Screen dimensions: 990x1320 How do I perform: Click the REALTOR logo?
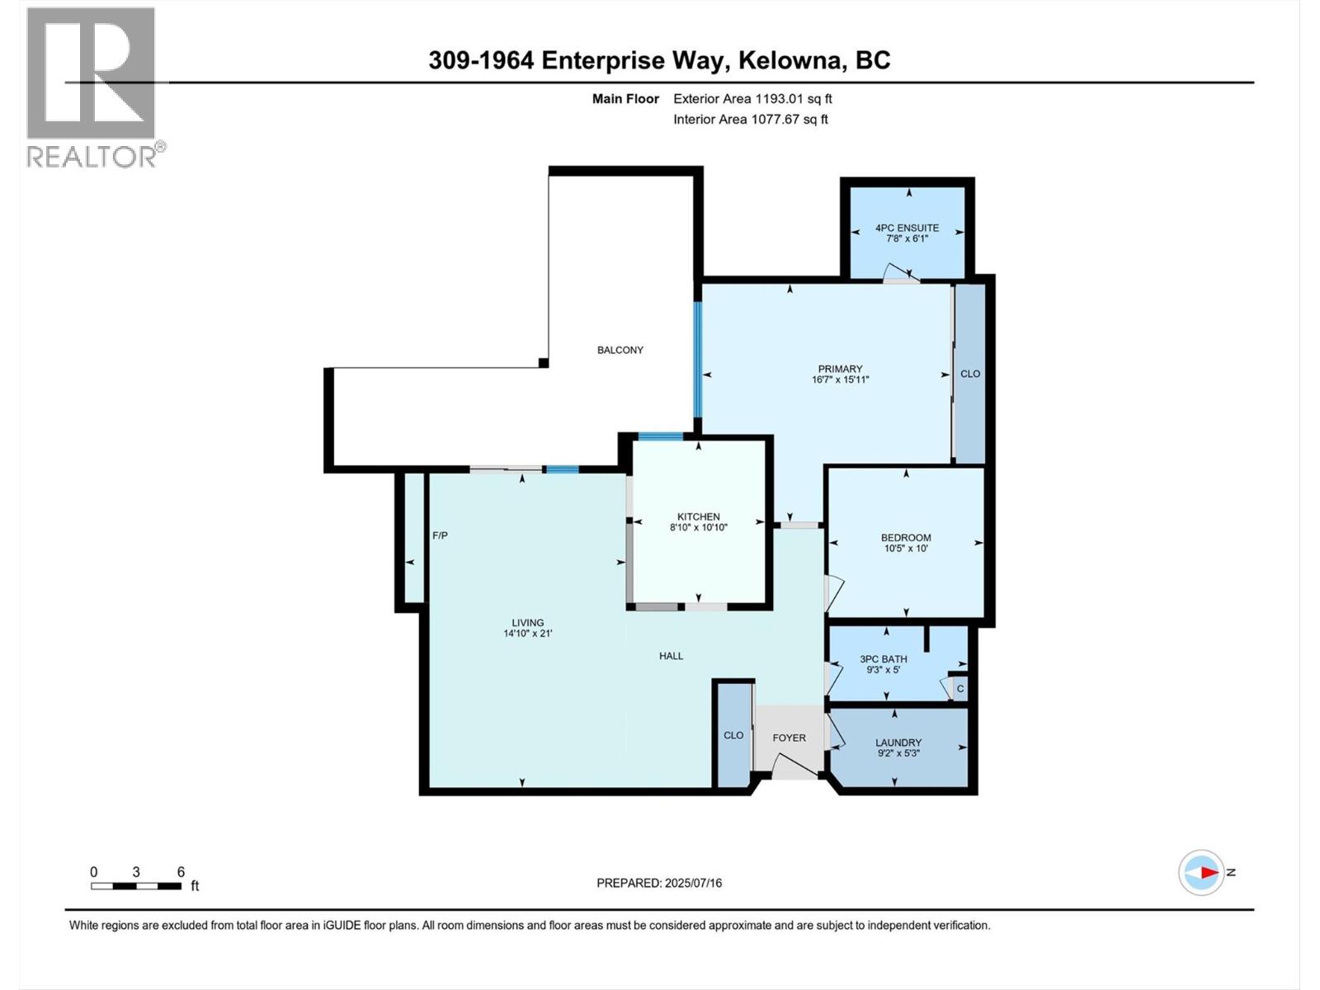(x=92, y=87)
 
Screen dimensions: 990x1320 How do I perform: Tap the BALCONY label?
(x=620, y=350)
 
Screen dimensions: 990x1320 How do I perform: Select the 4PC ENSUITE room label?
(x=907, y=229)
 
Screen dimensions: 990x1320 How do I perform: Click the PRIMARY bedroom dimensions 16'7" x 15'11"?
(x=840, y=380)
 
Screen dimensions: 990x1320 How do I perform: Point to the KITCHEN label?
(x=698, y=516)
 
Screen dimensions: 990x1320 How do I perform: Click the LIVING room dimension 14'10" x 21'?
(x=527, y=634)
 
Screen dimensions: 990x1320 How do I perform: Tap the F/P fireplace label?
(x=440, y=535)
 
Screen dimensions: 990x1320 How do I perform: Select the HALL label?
(x=671, y=656)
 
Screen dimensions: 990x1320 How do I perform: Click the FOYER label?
(x=789, y=738)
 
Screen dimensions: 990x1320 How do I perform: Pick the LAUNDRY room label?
(x=898, y=742)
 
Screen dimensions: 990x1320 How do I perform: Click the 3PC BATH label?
(x=883, y=658)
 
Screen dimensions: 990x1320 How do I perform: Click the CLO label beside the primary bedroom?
(x=970, y=374)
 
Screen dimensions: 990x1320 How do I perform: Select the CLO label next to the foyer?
(x=733, y=735)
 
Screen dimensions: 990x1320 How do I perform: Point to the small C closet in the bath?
(x=959, y=689)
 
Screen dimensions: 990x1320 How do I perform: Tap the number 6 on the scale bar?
(x=181, y=872)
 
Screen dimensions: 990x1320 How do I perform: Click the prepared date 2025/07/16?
(x=692, y=883)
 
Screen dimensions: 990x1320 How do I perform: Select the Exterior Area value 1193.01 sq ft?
(x=793, y=99)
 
